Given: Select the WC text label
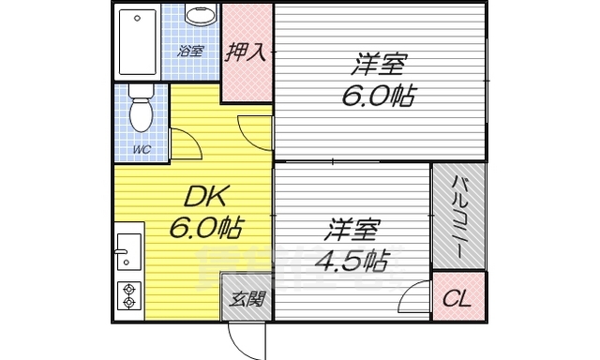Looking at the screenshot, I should pos(141,149).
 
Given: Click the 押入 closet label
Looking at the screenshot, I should pos(247,52).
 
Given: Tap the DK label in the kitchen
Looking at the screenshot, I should pos(206,196).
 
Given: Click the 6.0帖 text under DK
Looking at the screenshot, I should pos(206,227).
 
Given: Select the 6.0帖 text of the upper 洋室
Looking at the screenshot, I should pos(379,97).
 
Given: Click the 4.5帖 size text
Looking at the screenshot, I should pos(352,260).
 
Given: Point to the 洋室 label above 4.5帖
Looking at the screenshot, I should pos(353,228).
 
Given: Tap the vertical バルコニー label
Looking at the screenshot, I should pos(459,217).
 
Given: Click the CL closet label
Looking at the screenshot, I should pos(458,299).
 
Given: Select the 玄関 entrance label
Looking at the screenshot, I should pos(247,300).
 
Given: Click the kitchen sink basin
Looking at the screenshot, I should pos(129,248).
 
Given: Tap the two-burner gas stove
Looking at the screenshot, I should pos(129,295).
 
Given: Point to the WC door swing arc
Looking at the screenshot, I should pos(186,144).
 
